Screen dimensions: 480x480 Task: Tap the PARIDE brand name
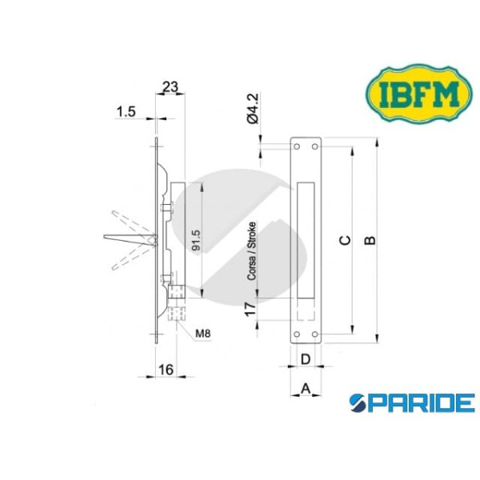coord(412,402)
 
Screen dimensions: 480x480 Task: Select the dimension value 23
coord(170,86)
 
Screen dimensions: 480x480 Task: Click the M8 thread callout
coord(202,328)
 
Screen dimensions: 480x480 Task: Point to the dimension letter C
coord(345,240)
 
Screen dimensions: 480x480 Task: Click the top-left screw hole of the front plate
coord(297,147)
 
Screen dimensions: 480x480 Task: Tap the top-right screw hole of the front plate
coord(316,147)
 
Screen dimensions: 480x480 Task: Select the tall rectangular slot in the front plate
coord(306,240)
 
